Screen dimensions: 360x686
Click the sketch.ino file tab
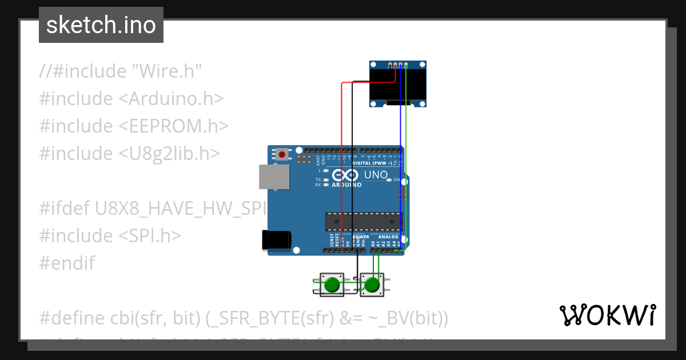[101, 25]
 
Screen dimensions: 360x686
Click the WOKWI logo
[607, 315]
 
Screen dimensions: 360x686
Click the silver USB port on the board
[274, 177]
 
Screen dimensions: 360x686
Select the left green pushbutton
[332, 285]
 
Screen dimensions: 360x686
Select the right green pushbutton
[372, 285]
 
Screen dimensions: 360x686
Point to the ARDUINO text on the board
[346, 185]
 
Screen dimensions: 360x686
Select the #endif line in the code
[67, 263]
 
